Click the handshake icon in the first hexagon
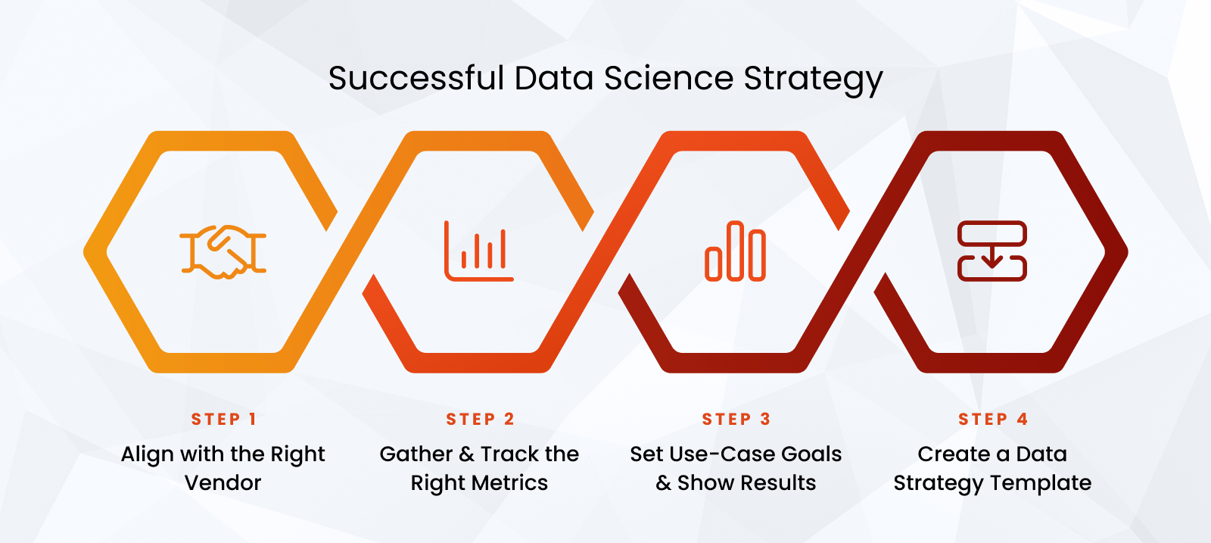coord(223,251)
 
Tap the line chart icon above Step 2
coord(479,251)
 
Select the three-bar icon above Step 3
coord(735,251)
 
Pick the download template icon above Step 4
coord(992,251)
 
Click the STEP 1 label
coord(223,420)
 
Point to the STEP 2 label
coord(480,420)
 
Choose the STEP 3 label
coord(736,420)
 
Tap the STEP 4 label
coord(992,420)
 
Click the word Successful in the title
coord(416,78)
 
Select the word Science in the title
coord(668,78)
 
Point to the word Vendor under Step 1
coord(223,483)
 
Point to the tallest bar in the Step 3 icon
coord(735,251)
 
